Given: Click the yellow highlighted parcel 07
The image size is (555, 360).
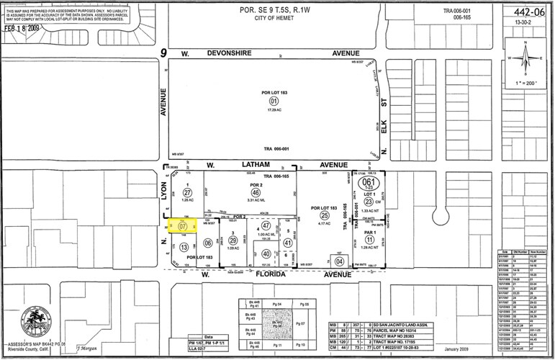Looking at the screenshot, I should [x=181, y=228].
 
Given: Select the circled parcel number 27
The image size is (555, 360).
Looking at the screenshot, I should [x=188, y=193].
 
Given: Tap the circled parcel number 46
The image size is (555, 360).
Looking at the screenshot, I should [x=255, y=193].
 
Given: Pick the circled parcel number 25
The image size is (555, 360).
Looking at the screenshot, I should [x=325, y=215].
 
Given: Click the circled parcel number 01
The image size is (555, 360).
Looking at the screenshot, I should [x=274, y=102].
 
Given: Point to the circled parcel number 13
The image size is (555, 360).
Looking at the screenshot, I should [x=184, y=247].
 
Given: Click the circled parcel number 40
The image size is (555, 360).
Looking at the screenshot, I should [x=266, y=253].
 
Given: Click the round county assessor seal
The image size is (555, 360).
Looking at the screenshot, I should [x=37, y=319].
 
